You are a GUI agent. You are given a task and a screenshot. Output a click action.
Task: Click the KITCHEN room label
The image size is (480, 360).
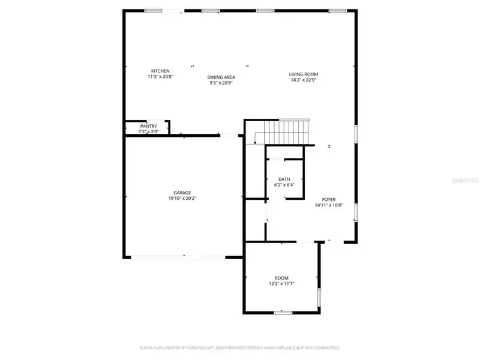[160, 71]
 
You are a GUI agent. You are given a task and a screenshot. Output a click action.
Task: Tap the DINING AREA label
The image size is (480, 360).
[221, 77]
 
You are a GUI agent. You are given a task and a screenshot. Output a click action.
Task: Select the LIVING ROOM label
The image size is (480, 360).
[303, 74]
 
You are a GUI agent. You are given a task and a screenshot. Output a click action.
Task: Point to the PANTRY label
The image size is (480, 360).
[148, 126]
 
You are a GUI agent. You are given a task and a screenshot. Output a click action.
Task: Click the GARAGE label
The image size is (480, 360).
[182, 193]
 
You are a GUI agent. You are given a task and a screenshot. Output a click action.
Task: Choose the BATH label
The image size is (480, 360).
[284, 179]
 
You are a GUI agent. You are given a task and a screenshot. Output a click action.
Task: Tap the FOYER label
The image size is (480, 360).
[329, 200]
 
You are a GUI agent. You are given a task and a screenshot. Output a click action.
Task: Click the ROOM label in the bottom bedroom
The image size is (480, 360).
[281, 278]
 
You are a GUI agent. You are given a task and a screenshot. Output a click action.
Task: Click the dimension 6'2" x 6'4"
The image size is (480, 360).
[284, 185]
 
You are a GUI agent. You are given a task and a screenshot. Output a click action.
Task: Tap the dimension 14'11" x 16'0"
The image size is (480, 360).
[329, 205]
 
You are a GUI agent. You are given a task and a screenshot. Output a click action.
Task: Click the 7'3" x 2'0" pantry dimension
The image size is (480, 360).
[148, 131]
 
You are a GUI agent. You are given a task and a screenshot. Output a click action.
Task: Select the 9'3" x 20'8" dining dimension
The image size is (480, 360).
[221, 83]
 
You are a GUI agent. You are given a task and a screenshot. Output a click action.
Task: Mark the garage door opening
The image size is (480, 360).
[179, 257]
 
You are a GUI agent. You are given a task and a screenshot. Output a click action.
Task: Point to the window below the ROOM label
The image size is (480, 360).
[282, 312]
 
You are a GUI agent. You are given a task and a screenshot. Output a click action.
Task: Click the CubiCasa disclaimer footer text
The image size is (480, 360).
[240, 347]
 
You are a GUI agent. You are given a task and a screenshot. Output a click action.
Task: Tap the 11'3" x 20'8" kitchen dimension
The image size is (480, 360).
[160, 77]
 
